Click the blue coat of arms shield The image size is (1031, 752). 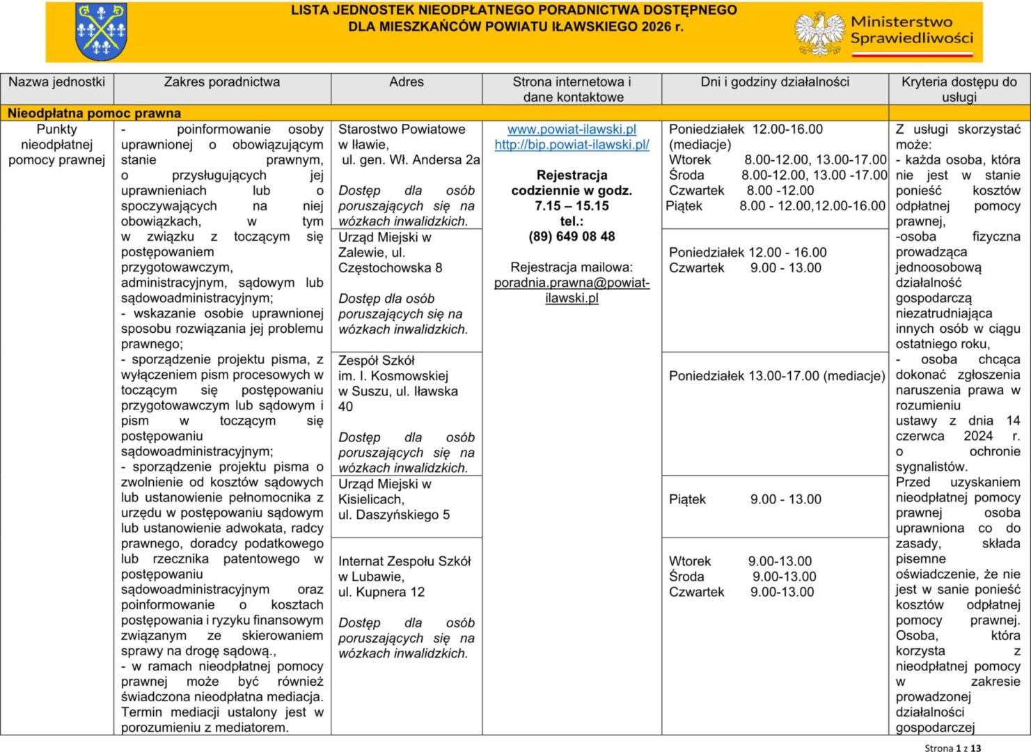[x=101, y=31]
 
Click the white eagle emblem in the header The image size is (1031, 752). [x=819, y=33]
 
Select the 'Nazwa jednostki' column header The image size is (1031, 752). [x=56, y=82]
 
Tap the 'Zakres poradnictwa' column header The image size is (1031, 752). [x=221, y=82]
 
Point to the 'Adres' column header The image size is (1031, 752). [x=406, y=82]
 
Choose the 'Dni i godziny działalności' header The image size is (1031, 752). [x=775, y=82]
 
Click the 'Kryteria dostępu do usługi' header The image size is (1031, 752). [x=959, y=89]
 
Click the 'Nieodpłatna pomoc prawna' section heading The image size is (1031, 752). [x=94, y=113]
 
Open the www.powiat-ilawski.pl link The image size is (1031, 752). [x=572, y=130]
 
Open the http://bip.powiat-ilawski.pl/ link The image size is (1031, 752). [x=572, y=145]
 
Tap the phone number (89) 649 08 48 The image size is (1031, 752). [x=572, y=237]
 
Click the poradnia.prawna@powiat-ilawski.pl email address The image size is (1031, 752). [x=572, y=290]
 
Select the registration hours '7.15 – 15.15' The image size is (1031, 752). [x=572, y=206]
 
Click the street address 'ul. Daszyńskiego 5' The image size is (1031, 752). [x=394, y=515]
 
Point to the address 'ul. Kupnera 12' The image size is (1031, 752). [x=381, y=592]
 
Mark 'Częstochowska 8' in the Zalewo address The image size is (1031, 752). [x=390, y=268]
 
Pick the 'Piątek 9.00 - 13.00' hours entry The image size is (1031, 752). [x=745, y=499]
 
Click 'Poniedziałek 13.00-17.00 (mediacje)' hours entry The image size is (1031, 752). [x=776, y=376]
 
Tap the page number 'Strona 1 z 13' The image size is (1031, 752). [x=952, y=747]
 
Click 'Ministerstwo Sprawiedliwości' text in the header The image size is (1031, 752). [x=911, y=30]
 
